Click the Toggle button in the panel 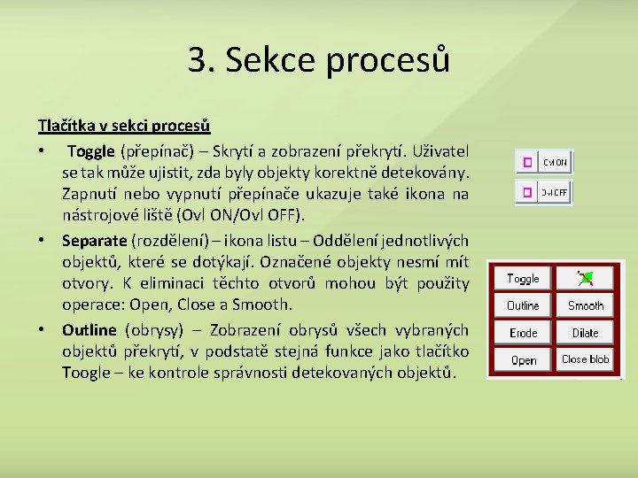523,279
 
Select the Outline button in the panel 523,305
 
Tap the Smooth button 586,305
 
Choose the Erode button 523,333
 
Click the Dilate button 586,333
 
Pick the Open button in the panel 523,360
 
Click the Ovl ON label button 556,163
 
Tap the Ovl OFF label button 556,192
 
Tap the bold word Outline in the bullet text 89,330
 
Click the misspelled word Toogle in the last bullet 85,373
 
